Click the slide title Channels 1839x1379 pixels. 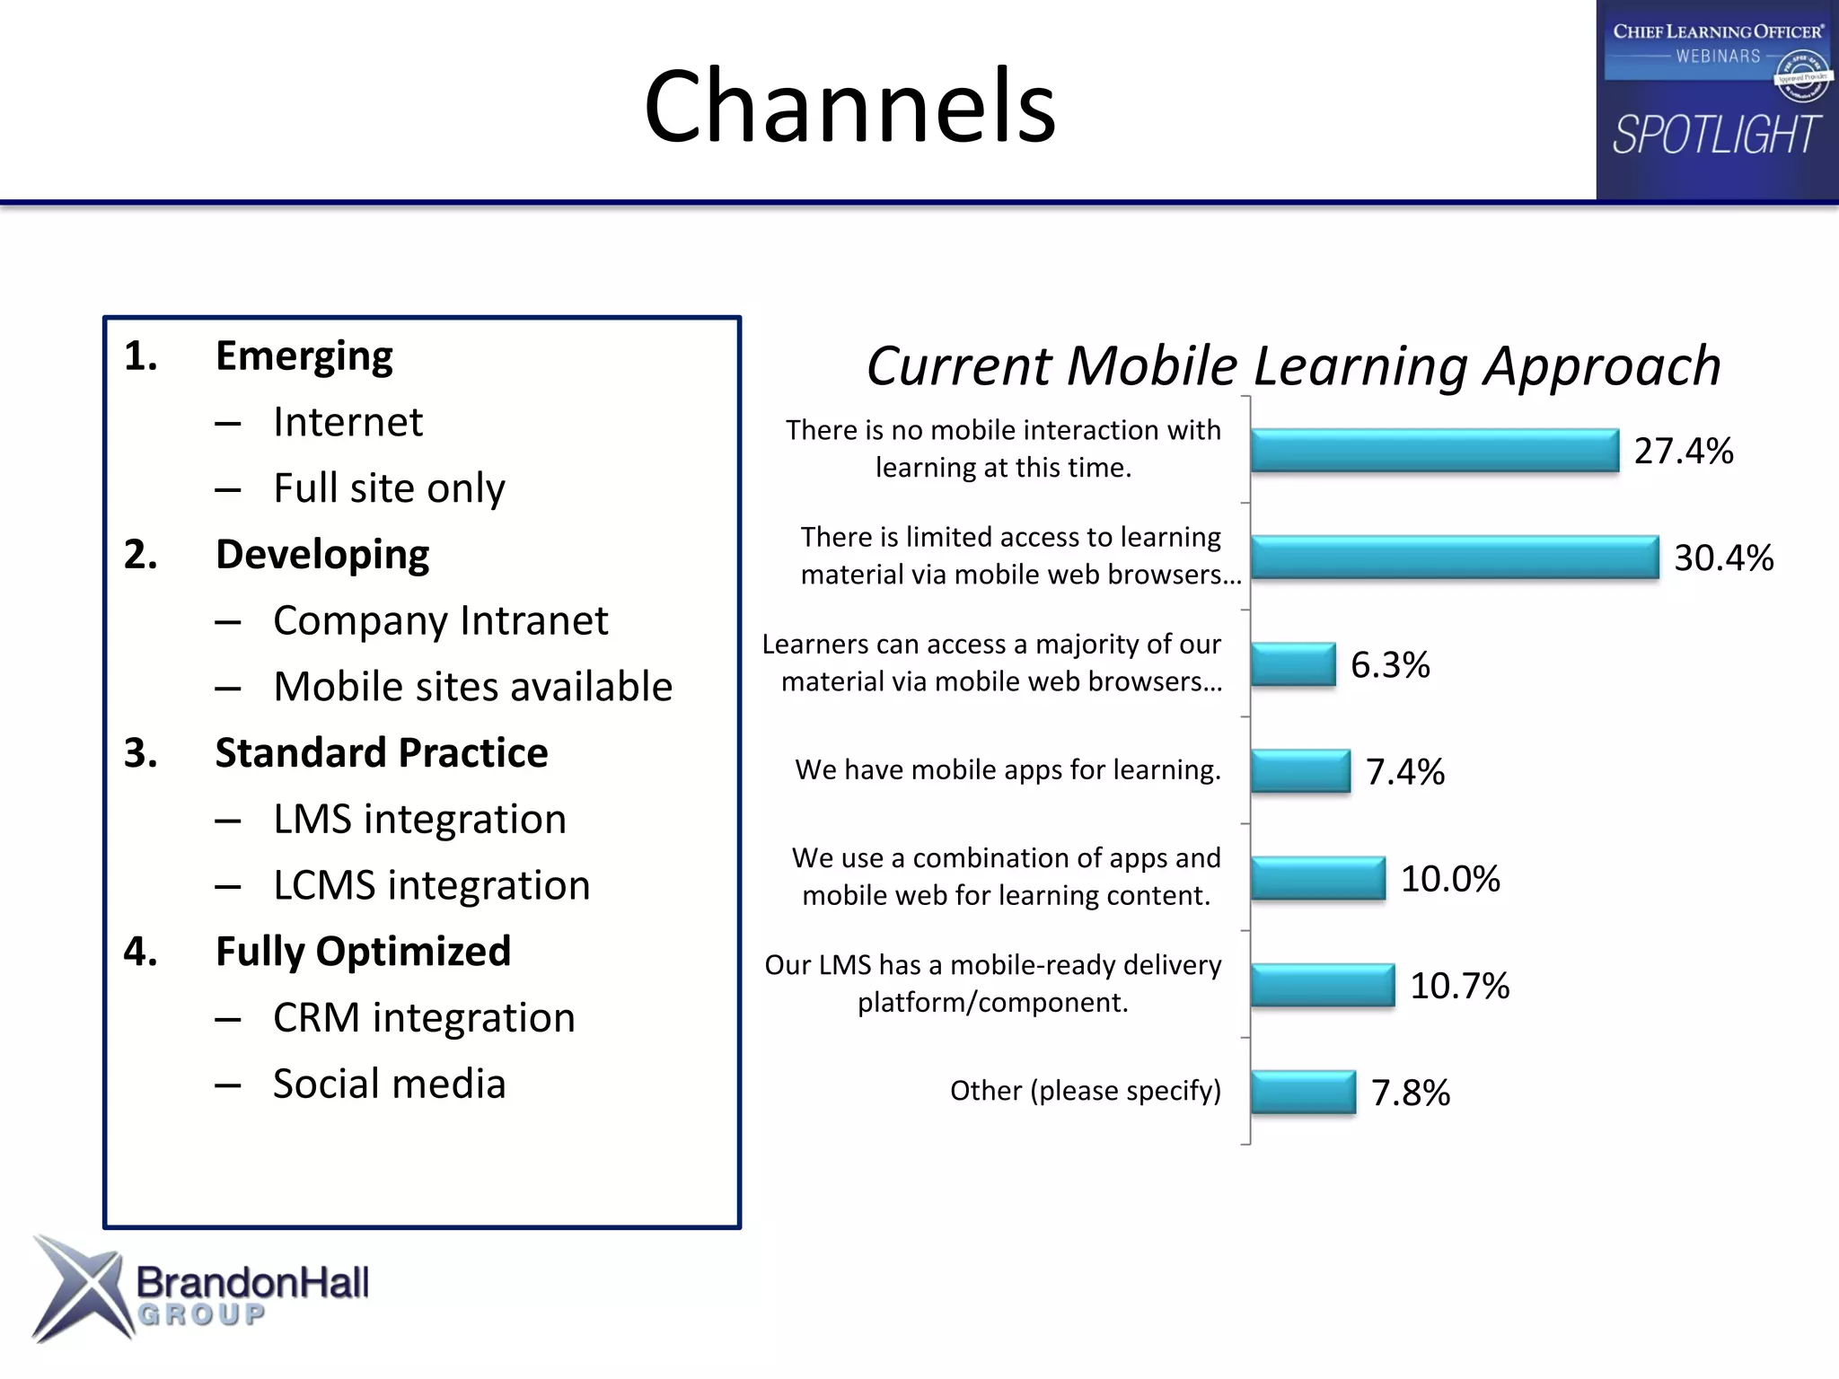coord(849,106)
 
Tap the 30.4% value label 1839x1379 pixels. coord(1723,558)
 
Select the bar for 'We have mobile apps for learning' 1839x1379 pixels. coord(1300,771)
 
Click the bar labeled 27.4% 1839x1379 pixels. coord(1434,450)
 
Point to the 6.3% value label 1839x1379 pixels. coord(1390,665)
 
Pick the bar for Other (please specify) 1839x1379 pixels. coord(1303,1092)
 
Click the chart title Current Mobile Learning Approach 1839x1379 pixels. coord(1293,366)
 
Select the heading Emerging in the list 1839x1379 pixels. coord(304,356)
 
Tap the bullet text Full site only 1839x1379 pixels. coord(389,488)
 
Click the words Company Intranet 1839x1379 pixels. coord(440,620)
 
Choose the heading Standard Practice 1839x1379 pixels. coord(382,752)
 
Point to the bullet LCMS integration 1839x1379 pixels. coord(431,885)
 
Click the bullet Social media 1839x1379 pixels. coord(389,1084)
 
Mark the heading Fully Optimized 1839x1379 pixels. coord(363,951)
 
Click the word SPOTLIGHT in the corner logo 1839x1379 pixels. coord(1716,136)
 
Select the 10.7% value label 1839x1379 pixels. coord(1459,986)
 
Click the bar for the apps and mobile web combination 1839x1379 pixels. coord(1318,878)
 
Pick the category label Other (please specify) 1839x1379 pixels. coord(1085,1091)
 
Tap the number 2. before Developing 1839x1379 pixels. coord(141,555)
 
